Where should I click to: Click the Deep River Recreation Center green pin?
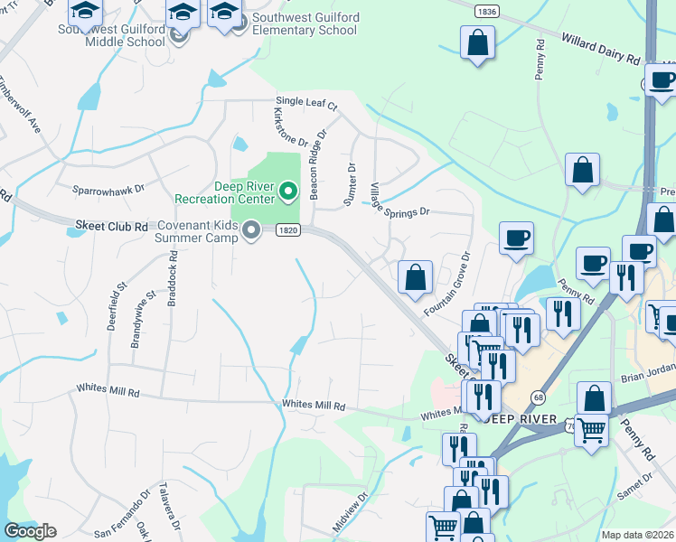point(287,191)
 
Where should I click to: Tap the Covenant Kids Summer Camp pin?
point(250,230)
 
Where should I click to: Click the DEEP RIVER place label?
point(513,418)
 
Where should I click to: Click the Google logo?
point(31,530)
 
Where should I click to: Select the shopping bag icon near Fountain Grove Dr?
point(415,278)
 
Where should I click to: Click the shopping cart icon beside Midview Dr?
point(443,526)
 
